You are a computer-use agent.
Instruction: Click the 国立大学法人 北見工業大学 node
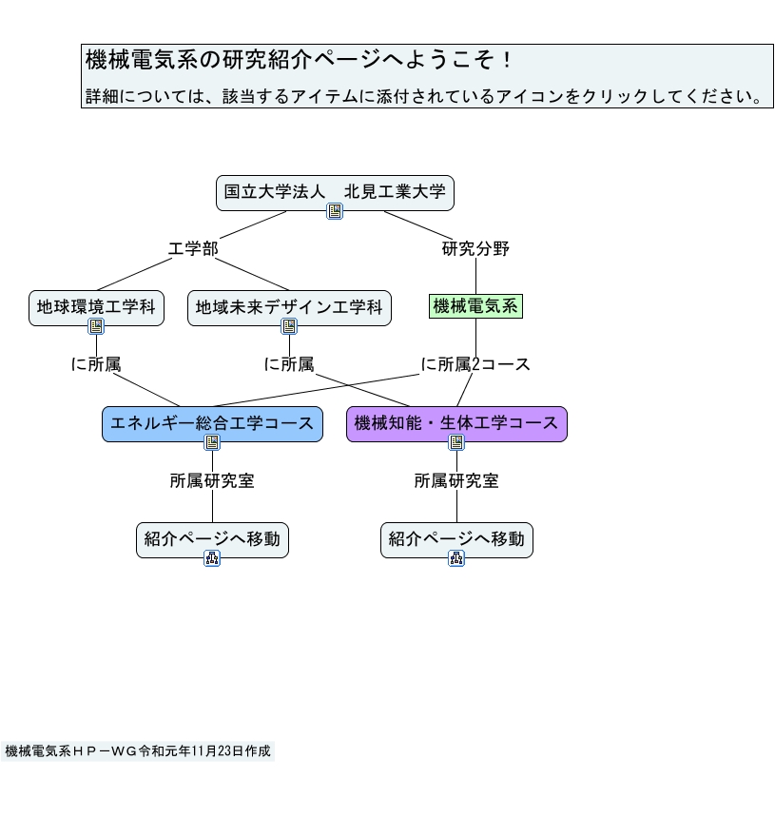point(335,192)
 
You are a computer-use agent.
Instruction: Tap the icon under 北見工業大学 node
point(335,211)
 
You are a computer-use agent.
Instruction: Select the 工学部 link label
point(193,249)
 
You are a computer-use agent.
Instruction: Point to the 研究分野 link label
point(475,249)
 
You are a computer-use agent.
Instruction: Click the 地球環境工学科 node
point(96,307)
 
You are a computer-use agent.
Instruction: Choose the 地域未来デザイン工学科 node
point(289,307)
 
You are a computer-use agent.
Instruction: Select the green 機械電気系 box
point(475,306)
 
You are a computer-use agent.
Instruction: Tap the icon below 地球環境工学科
point(96,326)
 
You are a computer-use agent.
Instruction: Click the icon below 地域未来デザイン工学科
point(289,326)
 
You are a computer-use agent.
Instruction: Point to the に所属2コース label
point(475,364)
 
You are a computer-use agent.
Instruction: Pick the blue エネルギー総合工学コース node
point(212,423)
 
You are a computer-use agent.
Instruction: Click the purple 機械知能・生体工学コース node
point(456,423)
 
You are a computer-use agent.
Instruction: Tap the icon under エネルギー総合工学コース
point(212,442)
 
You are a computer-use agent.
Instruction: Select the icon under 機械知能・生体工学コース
point(456,442)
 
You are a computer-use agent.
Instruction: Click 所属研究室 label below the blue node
point(212,481)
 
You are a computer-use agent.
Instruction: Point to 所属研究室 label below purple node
point(456,481)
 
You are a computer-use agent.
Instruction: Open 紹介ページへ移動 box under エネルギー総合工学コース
point(212,539)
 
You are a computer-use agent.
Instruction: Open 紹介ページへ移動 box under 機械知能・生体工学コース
point(456,539)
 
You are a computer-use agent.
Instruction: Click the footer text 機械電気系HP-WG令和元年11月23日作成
point(138,751)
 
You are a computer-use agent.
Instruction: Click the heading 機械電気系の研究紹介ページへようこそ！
point(300,61)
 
